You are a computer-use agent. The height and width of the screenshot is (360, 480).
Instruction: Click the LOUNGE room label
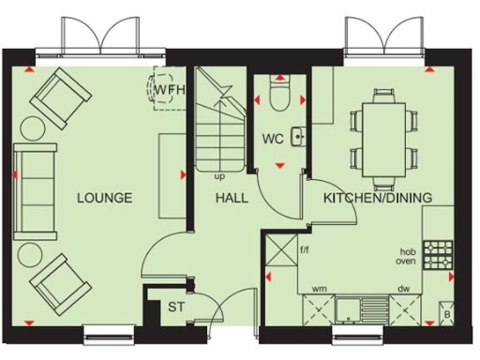pos(104,198)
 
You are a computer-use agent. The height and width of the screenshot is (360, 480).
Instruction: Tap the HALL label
pos(232,198)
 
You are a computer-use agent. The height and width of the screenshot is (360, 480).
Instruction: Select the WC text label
pos(273,139)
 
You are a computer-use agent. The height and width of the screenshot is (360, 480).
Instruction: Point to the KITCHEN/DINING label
pos(378,198)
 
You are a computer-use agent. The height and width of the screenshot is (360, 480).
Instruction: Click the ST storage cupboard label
pos(177,307)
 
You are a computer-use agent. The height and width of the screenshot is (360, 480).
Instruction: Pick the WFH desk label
pos(171,90)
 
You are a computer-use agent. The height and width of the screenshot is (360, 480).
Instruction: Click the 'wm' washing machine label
pos(319,289)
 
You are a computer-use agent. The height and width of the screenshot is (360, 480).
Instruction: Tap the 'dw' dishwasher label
pos(404,289)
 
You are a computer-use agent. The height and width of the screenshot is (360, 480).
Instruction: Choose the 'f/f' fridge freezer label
pos(305,250)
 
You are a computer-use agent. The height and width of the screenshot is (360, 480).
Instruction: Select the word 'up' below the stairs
pos(219,175)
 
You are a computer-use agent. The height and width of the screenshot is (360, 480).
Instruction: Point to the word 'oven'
pos(405,262)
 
